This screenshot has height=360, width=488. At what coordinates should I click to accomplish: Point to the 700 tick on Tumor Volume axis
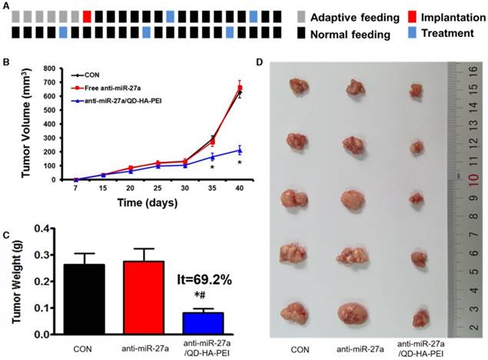[53, 69]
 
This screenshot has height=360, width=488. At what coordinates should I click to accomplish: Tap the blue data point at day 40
[240, 150]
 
